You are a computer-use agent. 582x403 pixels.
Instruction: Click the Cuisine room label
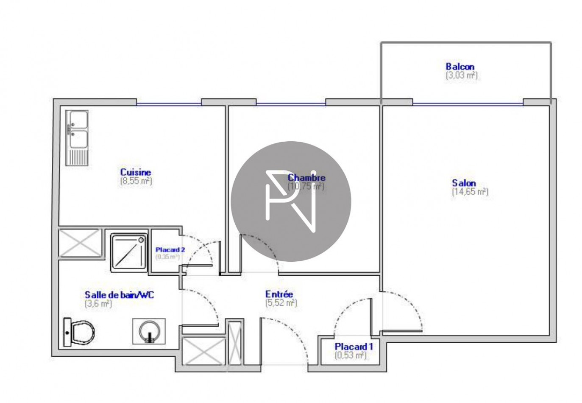[135, 172]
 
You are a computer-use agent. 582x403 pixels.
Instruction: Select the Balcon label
[460, 67]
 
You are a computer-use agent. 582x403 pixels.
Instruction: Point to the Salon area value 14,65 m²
[470, 192]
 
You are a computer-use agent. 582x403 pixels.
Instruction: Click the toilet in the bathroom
[79, 332]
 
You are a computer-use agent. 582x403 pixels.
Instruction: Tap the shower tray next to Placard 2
[128, 252]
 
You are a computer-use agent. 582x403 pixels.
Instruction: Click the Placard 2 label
[170, 249]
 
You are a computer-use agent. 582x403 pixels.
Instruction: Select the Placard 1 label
[354, 347]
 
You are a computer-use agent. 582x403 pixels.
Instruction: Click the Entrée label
[279, 294]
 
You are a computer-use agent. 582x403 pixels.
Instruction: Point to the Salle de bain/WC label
[119, 294]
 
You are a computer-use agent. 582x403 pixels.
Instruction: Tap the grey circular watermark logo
[291, 201]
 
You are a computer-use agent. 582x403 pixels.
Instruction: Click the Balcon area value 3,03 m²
[461, 76]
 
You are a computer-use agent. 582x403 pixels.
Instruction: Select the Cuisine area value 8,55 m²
[136, 181]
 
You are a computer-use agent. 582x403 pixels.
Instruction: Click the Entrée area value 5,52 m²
[281, 303]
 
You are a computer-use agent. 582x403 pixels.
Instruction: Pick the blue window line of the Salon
[468, 104]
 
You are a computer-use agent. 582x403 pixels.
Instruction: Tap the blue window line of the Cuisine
[168, 104]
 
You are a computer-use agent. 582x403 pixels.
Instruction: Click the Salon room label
[464, 183]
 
